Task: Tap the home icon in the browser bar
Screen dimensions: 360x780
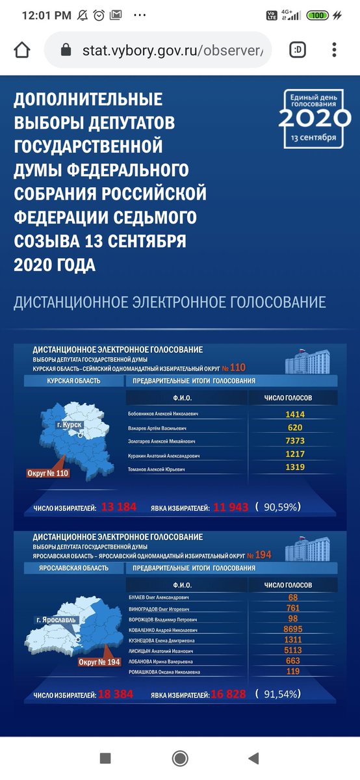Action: [x=22, y=50]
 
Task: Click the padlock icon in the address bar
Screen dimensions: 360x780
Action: [x=64, y=50]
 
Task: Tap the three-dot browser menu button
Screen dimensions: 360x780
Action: [x=334, y=50]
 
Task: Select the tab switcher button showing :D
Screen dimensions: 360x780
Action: [x=299, y=50]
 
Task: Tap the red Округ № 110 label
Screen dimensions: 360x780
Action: [x=48, y=473]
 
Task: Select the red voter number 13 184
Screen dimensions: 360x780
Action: [x=119, y=507]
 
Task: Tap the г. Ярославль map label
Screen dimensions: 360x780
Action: [x=56, y=619]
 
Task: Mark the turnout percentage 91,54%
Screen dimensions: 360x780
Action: [x=279, y=694]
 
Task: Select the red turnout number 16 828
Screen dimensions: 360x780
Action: [x=227, y=694]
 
